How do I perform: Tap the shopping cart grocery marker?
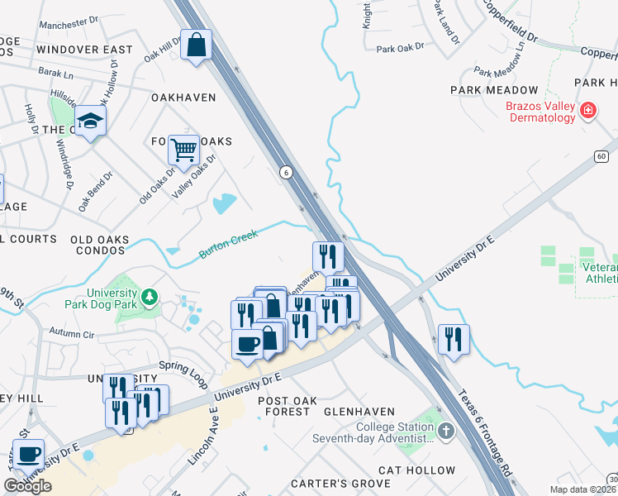pos(183,150)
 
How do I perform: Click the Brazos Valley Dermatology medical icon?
pos(587,110)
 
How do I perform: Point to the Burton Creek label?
pos(229,245)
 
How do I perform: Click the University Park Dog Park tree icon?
pos(149,295)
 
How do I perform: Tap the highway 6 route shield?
pos(286,172)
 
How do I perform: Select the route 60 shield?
pos(601,156)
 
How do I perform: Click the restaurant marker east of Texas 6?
pos(454,338)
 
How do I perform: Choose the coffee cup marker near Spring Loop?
pos(247,343)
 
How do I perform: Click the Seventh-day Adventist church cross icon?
pos(445,431)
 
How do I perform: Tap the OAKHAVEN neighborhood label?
pos(183,98)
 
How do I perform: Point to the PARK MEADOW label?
pos(494,89)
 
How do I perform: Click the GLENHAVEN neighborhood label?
pos(359,411)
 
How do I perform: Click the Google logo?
pos(27,486)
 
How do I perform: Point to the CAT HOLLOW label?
pos(416,470)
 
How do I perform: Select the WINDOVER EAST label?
pos(84,50)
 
